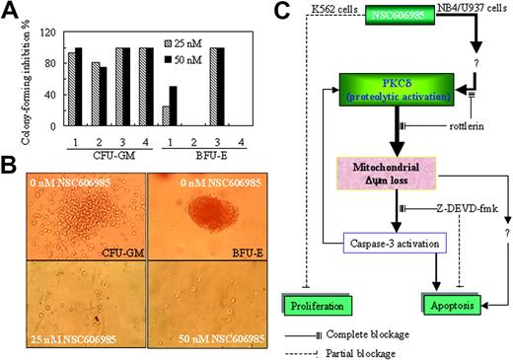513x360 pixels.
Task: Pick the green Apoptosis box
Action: pos(450,307)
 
